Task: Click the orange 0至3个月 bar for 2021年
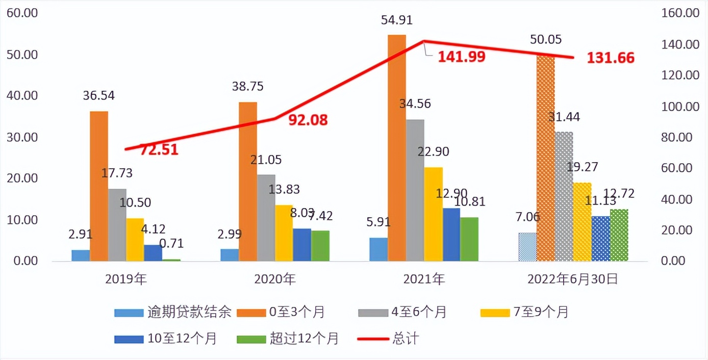click(x=396, y=148)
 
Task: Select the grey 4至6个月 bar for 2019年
click(x=117, y=224)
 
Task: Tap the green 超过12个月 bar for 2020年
click(x=320, y=246)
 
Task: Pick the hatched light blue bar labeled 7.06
click(x=527, y=247)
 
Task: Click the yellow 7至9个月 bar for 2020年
click(x=284, y=233)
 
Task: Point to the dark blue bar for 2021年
click(x=451, y=235)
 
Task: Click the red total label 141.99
click(x=462, y=57)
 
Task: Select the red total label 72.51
click(x=159, y=150)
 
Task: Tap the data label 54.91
click(x=396, y=21)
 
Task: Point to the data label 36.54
click(x=99, y=96)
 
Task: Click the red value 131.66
click(x=611, y=58)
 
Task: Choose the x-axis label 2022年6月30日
click(x=572, y=279)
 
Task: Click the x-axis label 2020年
click(x=274, y=279)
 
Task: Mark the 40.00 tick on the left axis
click(x=21, y=96)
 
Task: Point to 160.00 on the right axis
click(x=679, y=13)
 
